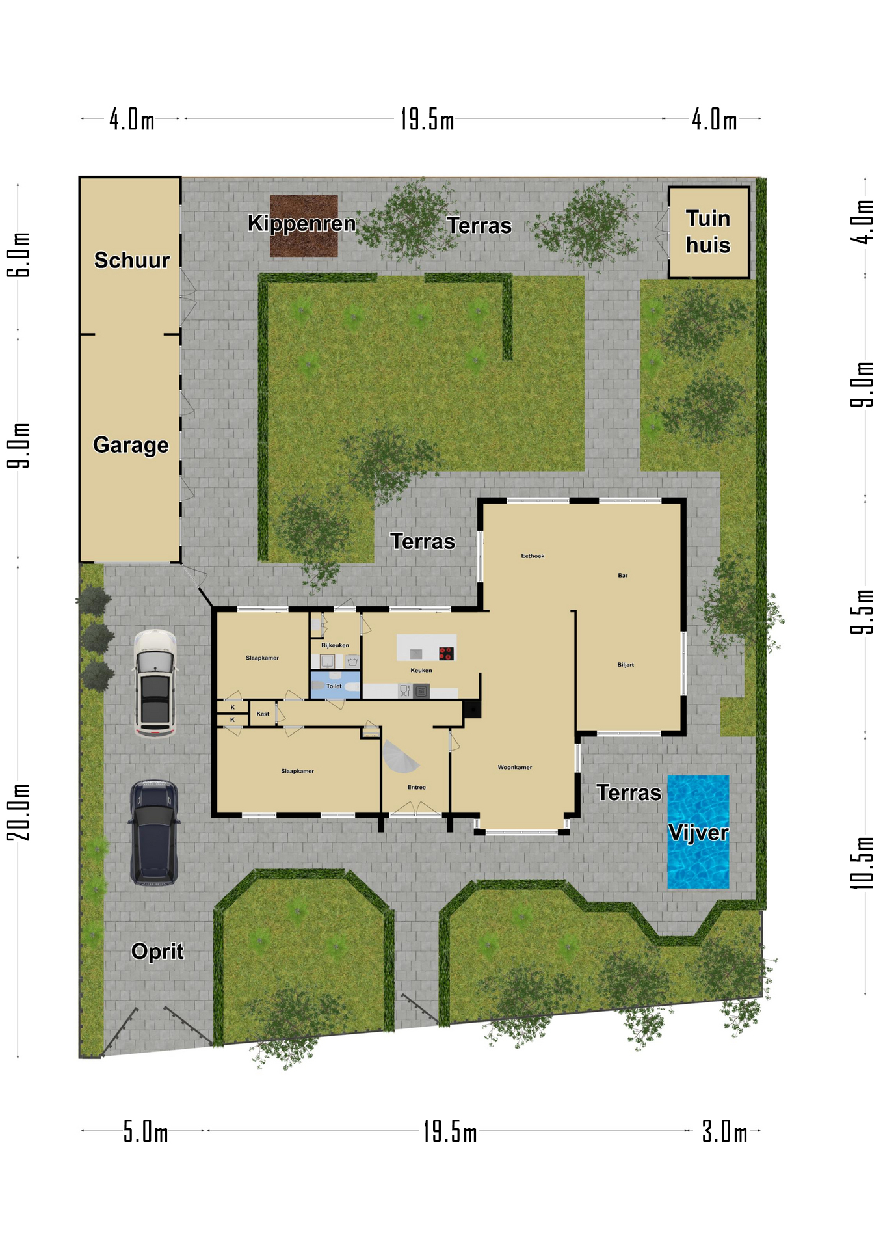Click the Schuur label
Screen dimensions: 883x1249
click(x=132, y=260)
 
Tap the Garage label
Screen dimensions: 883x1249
click(x=131, y=445)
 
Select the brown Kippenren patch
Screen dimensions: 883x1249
click(x=304, y=226)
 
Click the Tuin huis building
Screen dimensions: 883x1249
click(x=709, y=232)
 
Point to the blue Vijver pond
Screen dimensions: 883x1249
click(x=698, y=832)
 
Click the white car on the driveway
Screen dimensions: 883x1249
click(x=155, y=684)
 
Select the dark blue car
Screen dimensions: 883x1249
click(x=154, y=833)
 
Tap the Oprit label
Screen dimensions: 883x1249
click(x=157, y=951)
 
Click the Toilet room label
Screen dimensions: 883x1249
click(x=334, y=686)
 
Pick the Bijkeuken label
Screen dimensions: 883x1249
click(x=335, y=645)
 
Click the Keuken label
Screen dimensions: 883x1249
click(x=421, y=670)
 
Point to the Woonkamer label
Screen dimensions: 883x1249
click(x=515, y=767)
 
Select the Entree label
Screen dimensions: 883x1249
click(x=417, y=787)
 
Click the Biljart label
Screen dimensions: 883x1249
click(x=626, y=665)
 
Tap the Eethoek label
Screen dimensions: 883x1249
click(x=533, y=556)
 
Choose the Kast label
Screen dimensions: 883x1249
click(x=263, y=714)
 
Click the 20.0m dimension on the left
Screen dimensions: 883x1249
click(x=20, y=812)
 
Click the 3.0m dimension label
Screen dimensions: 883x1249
click(x=724, y=1132)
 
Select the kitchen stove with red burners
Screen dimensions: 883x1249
click(x=446, y=653)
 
